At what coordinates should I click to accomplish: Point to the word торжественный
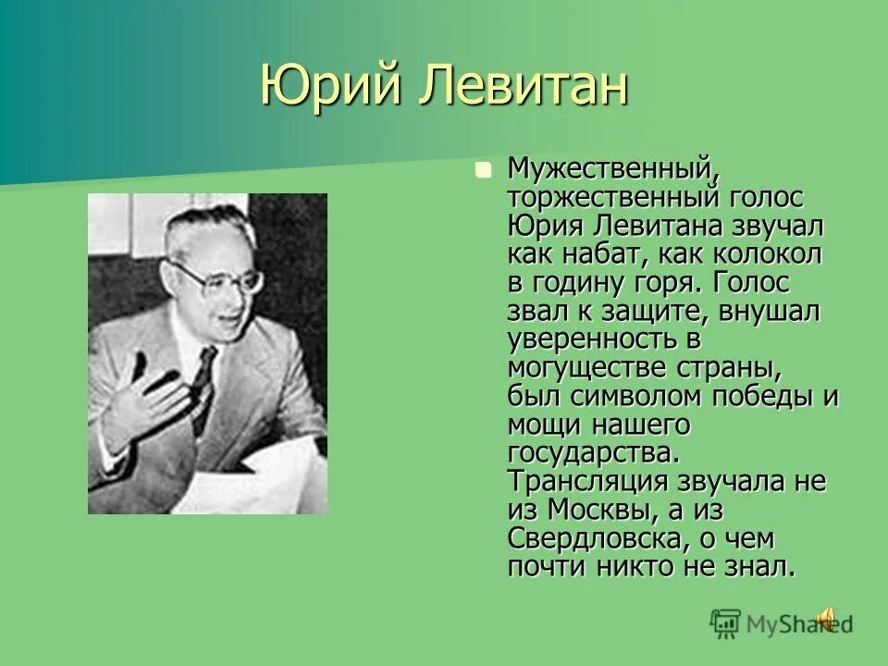click(601, 197)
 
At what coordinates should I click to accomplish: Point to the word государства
click(593, 453)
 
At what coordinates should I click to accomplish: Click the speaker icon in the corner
click(828, 619)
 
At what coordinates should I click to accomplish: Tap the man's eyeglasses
click(216, 276)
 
